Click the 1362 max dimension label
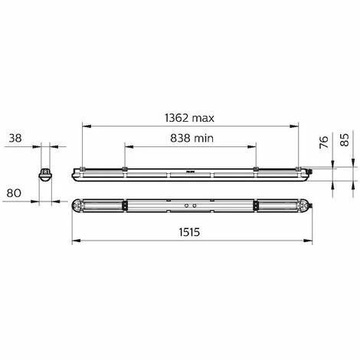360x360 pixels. [189, 118]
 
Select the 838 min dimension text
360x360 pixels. [191, 138]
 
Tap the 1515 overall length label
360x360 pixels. [189, 232]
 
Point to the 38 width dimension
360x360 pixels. [15, 138]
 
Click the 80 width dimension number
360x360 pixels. [14, 193]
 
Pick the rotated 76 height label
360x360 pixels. [323, 142]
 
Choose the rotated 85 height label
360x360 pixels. [345, 140]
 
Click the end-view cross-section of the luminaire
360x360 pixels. [45, 175]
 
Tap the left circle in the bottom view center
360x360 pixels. [186, 205]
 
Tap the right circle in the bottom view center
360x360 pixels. [195, 205]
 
